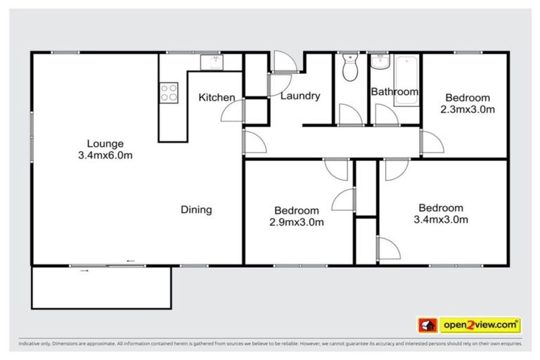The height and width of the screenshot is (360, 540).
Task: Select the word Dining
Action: click(x=196, y=210)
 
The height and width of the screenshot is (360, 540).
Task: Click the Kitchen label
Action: click(x=217, y=97)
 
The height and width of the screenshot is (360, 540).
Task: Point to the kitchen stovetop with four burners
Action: click(x=169, y=93)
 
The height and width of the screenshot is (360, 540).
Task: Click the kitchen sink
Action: click(x=211, y=63)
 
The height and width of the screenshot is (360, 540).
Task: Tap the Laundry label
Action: click(x=300, y=96)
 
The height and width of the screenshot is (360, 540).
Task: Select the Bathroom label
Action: click(x=394, y=91)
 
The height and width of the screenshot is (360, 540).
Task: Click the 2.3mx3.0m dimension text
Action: click(x=468, y=109)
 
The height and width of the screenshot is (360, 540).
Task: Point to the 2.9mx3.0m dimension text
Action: click(x=296, y=222)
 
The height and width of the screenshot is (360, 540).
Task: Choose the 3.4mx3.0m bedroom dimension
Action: click(x=441, y=219)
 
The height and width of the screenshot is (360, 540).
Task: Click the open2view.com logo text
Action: click(x=480, y=325)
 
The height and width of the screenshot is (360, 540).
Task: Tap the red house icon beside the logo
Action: click(x=427, y=325)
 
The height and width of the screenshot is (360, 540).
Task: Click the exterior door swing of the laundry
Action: click(x=284, y=63)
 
